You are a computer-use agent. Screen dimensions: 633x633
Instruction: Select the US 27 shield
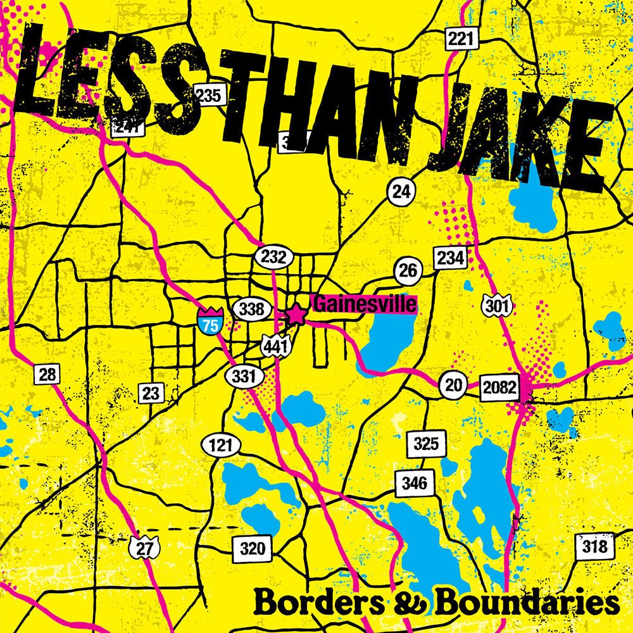click(x=145, y=548)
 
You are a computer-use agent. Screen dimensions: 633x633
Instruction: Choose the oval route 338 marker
click(x=252, y=309)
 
